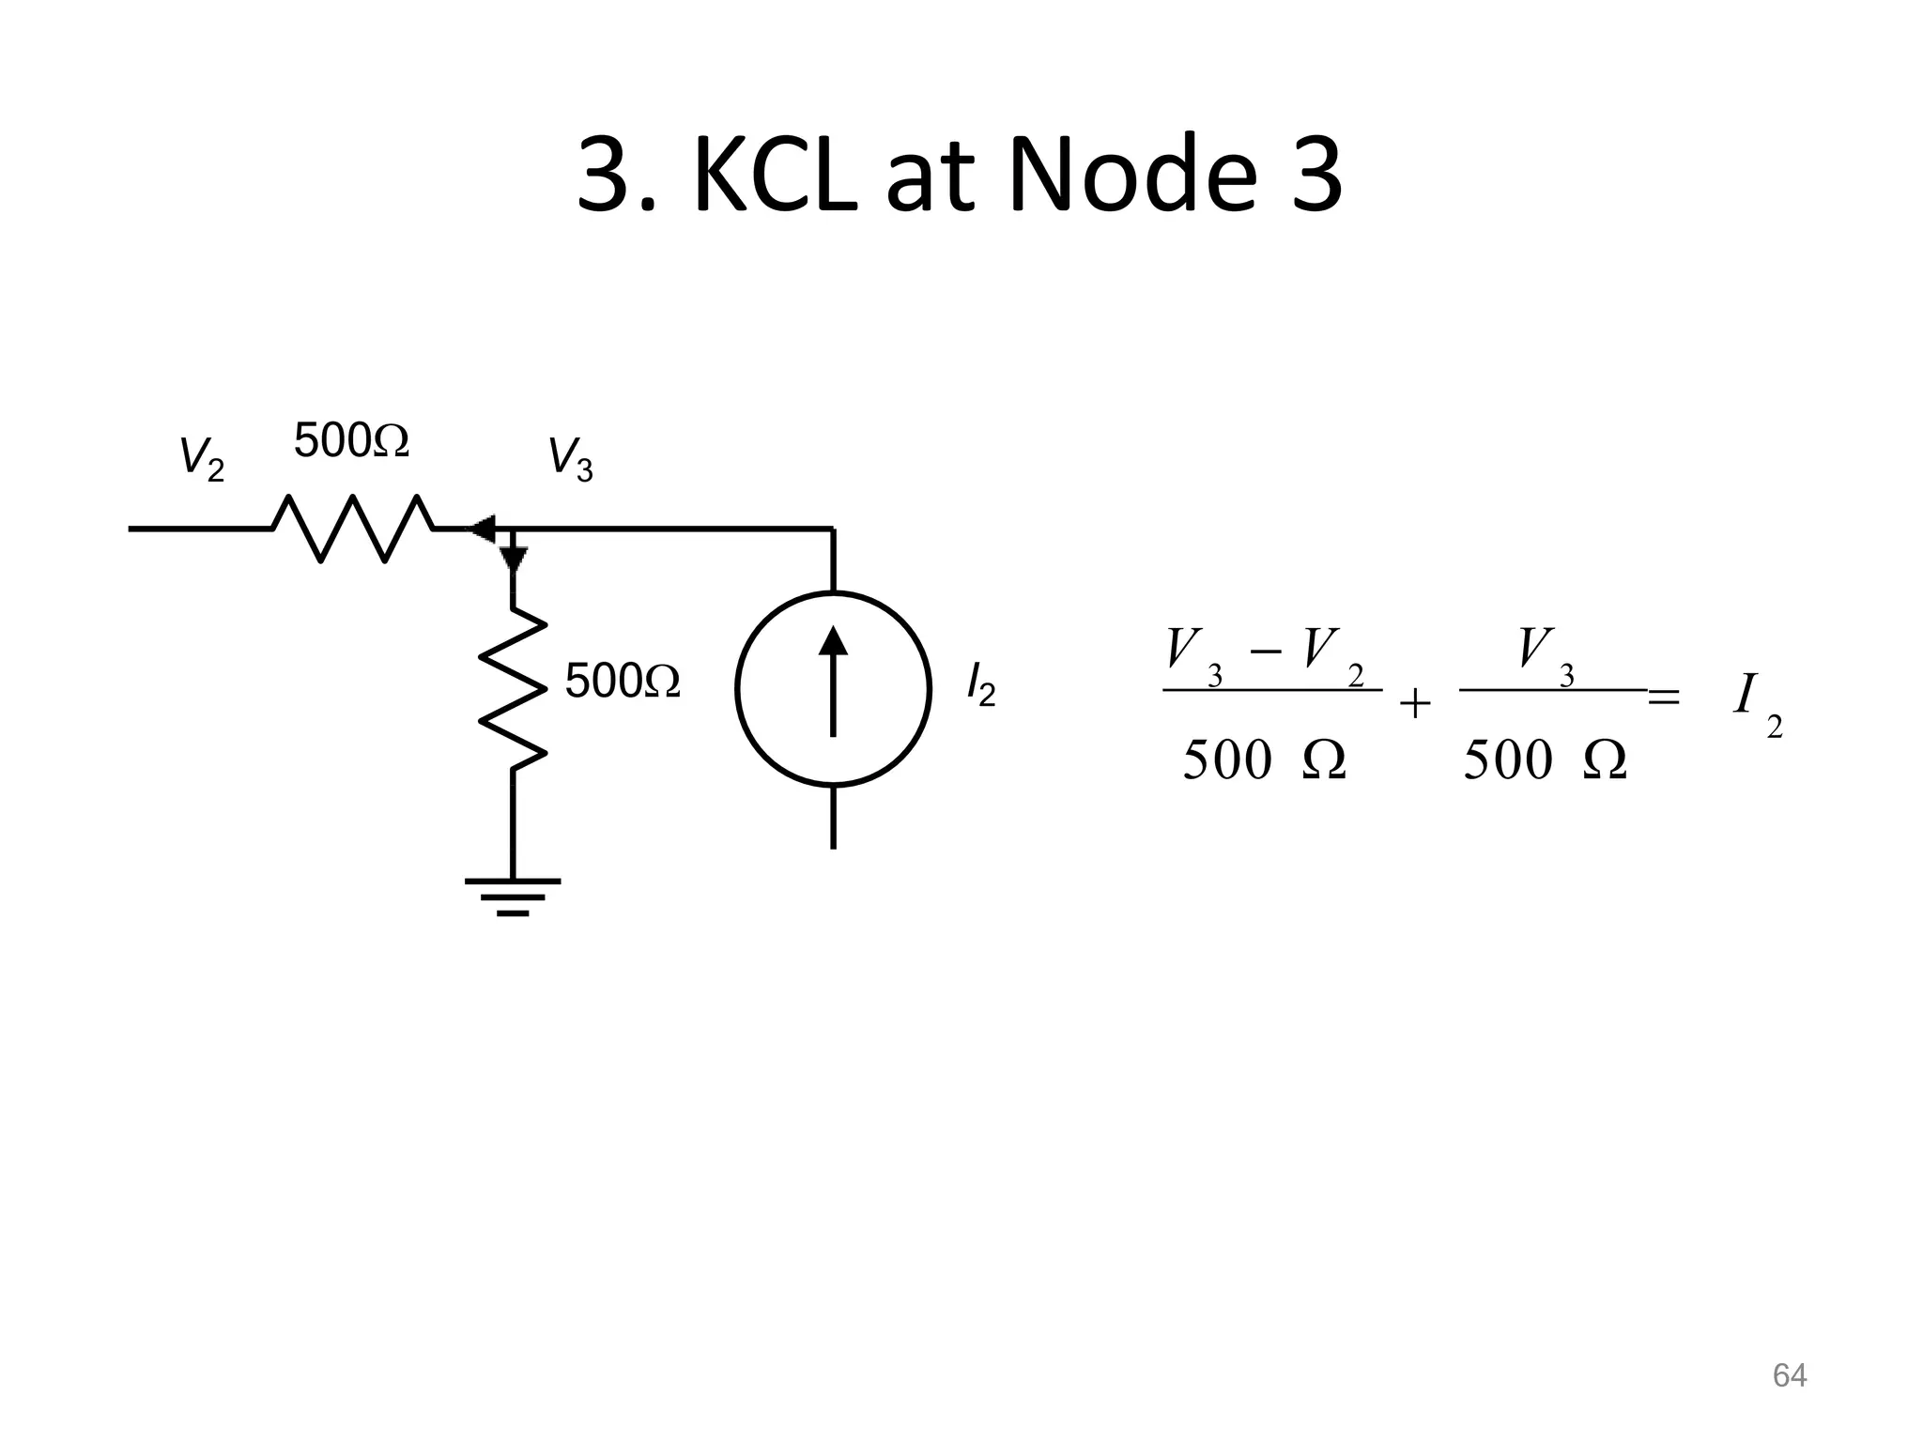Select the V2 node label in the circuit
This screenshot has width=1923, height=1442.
tap(201, 458)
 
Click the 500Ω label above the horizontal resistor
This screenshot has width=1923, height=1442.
tap(351, 440)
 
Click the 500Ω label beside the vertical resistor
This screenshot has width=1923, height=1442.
tap(622, 681)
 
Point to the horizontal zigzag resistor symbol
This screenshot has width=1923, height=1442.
tap(353, 529)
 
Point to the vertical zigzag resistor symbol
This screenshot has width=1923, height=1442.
tap(513, 689)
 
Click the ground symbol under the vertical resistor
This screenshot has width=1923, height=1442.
tap(513, 896)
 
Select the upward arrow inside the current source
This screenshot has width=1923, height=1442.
tap(833, 681)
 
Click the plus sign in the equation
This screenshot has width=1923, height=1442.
tap(1415, 703)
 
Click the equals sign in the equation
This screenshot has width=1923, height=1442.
tap(1664, 698)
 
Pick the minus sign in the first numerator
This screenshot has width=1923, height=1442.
tap(1266, 651)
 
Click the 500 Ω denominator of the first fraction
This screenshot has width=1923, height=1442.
tap(1264, 759)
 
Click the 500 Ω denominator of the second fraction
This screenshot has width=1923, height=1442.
tap(1545, 759)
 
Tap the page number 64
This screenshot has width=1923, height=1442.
tap(1789, 1375)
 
